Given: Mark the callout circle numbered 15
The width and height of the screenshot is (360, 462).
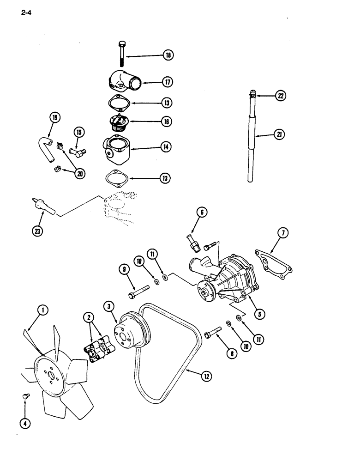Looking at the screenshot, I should tap(78, 133).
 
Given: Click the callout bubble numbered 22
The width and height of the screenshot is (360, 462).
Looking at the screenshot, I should tap(281, 96).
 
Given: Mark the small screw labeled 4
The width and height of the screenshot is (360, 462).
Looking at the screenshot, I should tap(25, 396).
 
